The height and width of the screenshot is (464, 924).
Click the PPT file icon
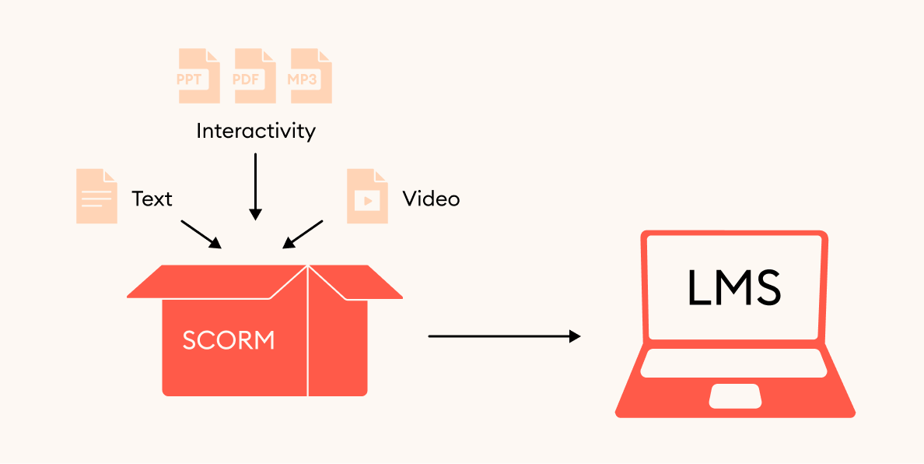point(199,76)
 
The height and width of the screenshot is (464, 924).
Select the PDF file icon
point(255,76)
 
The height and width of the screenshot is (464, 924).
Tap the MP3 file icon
point(311,76)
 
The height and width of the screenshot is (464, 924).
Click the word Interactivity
point(255,130)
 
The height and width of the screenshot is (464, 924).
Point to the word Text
point(152,199)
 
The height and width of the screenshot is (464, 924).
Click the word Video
point(431,199)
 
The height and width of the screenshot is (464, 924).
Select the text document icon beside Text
point(96,196)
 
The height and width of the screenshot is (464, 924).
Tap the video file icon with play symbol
point(367,196)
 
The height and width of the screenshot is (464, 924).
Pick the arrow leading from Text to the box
point(201,234)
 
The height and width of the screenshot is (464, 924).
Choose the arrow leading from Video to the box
point(303,234)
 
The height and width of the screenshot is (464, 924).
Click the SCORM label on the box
point(229,340)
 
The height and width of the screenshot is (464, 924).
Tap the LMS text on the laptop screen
point(734,288)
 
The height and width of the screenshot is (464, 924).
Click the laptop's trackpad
point(735,395)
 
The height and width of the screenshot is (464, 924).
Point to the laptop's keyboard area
point(734,363)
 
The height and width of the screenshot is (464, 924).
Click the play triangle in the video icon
point(368,200)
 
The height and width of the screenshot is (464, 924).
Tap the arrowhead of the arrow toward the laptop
point(575,336)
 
